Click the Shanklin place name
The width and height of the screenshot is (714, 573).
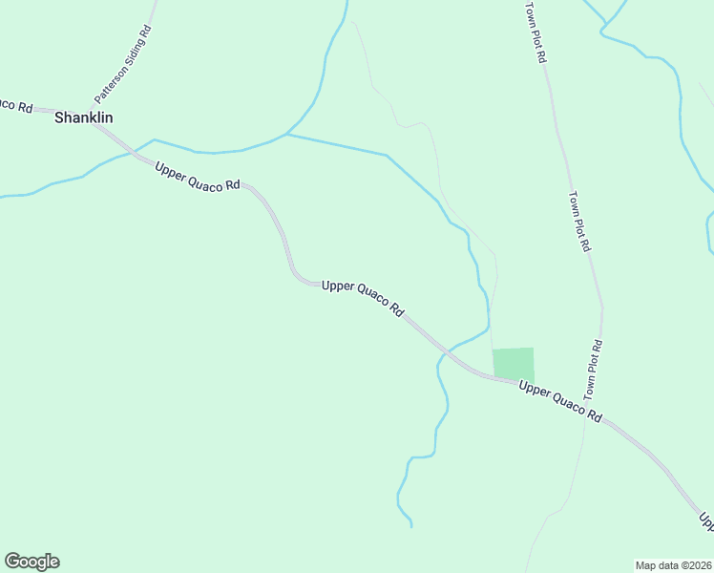click(84, 117)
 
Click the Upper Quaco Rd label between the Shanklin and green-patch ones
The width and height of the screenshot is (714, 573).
click(364, 298)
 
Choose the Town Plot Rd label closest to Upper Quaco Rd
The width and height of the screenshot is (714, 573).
click(593, 369)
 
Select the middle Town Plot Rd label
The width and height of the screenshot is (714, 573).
click(578, 222)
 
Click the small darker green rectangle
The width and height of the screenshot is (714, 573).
click(514, 364)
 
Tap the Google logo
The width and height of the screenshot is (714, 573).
click(31, 562)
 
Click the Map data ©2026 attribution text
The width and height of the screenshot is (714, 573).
click(673, 564)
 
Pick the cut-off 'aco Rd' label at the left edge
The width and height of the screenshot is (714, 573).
click(16, 104)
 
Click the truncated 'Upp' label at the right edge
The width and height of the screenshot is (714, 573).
click(706, 521)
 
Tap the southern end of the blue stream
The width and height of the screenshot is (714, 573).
click(411, 525)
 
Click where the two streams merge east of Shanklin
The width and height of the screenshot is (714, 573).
click(286, 135)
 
